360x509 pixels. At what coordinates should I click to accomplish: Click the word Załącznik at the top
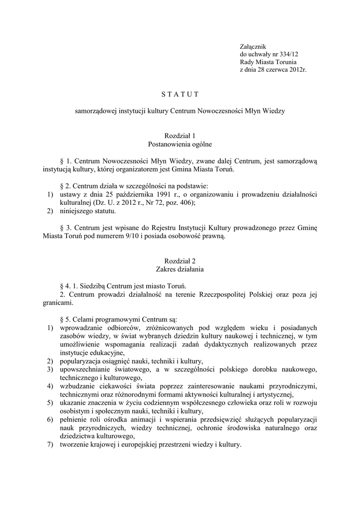254,46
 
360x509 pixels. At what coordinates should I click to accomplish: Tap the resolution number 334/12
288,54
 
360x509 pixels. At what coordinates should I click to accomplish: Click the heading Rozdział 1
180,136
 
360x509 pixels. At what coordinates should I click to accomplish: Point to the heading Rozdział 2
180,261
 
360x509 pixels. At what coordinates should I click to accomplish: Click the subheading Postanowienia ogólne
180,144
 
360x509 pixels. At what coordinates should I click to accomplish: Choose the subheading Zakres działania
180,269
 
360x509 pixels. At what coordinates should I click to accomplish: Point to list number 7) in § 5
50,444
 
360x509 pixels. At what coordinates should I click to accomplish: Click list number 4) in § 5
50,386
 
